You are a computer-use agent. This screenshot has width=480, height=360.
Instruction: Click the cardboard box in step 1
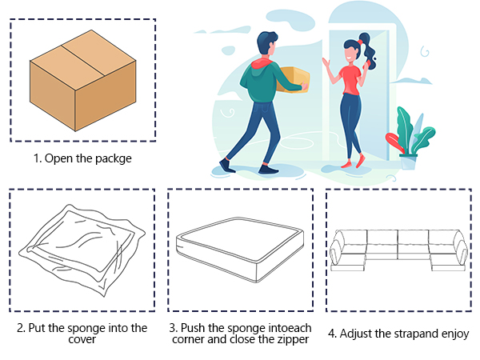point(82,80)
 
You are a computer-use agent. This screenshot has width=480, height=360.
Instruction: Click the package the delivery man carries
point(294,79)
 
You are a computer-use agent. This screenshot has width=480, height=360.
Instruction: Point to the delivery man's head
point(267,43)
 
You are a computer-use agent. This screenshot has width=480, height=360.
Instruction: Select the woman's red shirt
point(351,80)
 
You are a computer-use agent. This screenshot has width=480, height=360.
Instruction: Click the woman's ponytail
point(369,50)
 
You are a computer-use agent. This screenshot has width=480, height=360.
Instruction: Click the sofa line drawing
point(398,250)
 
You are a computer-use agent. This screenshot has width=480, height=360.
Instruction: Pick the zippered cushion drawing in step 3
point(240,250)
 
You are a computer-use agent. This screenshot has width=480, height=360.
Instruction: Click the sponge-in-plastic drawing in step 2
point(82,250)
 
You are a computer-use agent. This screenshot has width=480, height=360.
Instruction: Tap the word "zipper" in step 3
point(294,339)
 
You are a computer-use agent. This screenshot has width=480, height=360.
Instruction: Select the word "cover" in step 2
point(82,339)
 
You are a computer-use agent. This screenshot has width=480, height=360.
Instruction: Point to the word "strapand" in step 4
point(416,334)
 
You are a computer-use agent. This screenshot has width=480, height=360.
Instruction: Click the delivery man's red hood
point(261,63)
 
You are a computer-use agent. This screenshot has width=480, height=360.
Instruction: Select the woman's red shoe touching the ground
point(346,165)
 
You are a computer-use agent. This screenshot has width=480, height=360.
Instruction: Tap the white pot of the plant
point(408,162)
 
